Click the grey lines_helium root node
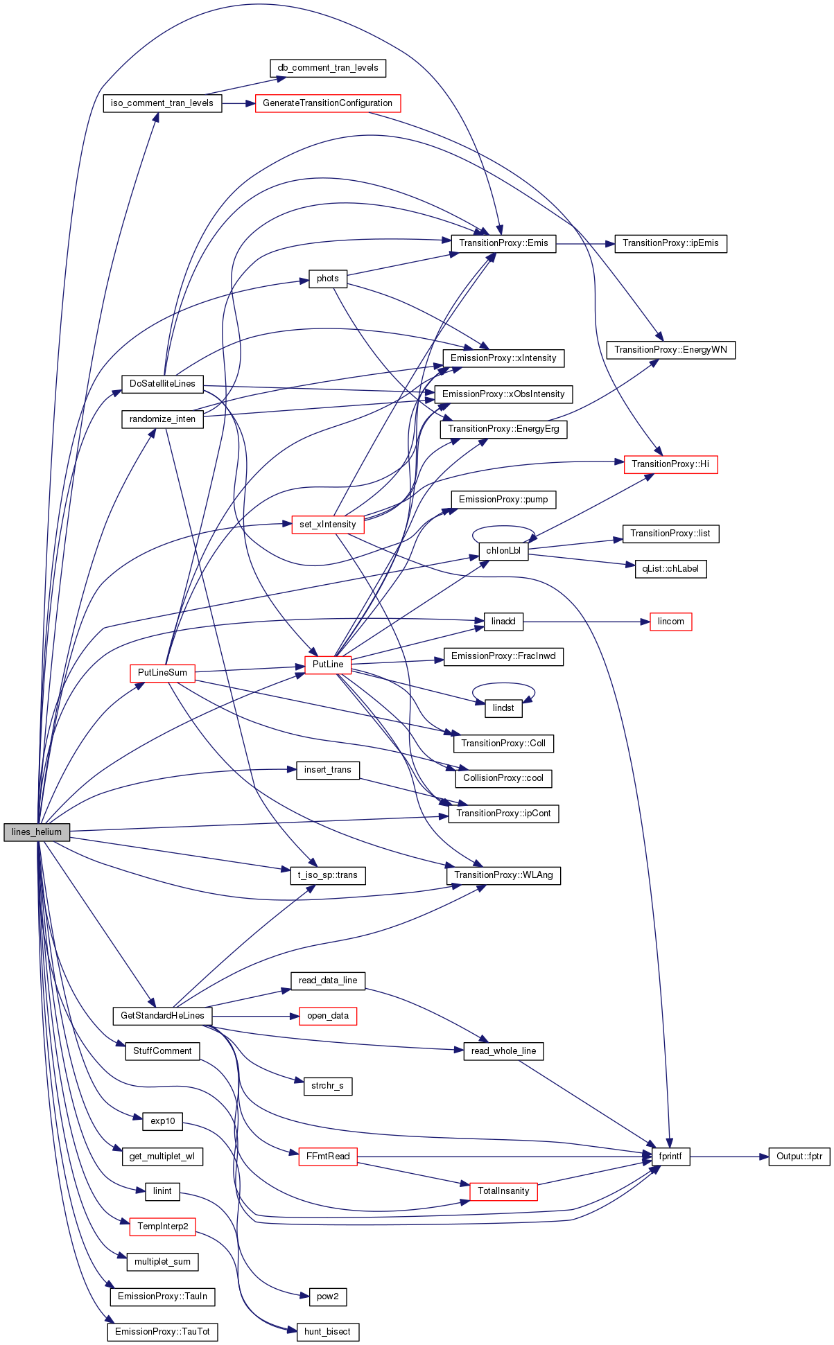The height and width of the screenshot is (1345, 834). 37,832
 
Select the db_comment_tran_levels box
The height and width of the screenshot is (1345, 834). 328,68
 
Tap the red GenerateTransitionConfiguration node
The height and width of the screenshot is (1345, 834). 328,103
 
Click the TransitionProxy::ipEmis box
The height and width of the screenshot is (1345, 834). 670,243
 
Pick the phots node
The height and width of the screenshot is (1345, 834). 328,279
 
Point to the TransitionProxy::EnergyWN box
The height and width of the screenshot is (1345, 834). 670,350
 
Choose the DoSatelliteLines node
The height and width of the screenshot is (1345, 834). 162,384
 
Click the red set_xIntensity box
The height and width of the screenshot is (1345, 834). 328,525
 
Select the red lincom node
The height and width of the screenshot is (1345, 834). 670,622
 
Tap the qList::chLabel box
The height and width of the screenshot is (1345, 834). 670,569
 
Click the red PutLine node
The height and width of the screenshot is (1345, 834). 328,665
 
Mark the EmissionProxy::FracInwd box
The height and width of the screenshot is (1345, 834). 503,656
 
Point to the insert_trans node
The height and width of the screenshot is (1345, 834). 328,770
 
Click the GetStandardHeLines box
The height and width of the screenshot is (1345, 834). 162,1016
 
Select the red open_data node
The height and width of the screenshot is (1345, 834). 328,1016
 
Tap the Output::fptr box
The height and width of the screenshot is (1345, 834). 799,1157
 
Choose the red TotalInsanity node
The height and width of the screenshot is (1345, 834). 503,1191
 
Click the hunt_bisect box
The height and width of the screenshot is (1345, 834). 328,1332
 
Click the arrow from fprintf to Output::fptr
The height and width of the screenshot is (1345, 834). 729,1157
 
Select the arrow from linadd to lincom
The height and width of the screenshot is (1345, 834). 587,622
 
